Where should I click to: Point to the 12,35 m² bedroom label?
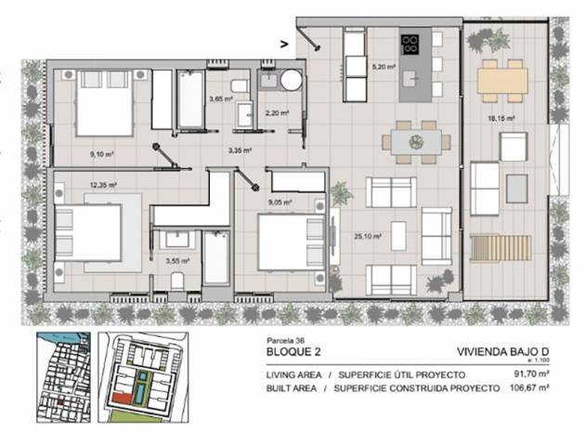pos(101,185)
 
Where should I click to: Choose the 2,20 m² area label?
pos(276,113)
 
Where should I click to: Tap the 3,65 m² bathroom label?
pos(220,98)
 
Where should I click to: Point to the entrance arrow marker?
pos(284,41)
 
